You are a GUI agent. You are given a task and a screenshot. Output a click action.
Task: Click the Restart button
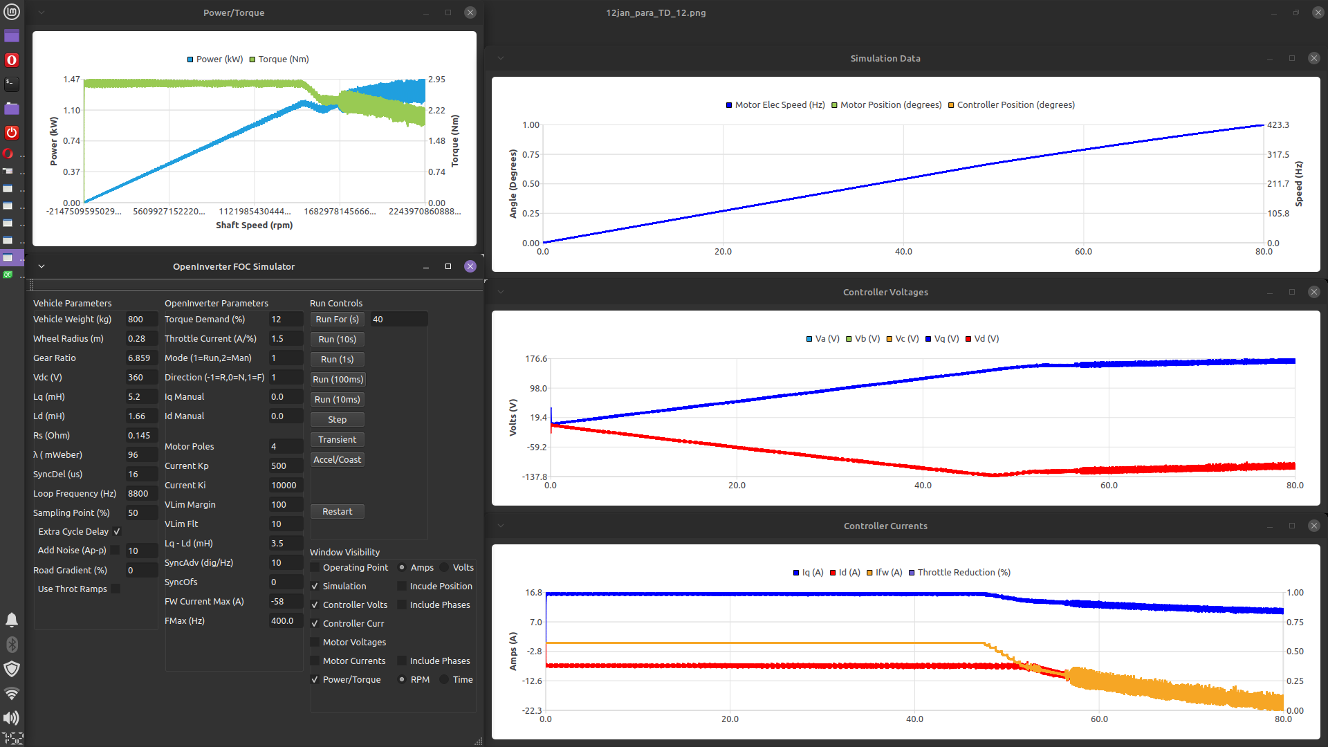click(337, 512)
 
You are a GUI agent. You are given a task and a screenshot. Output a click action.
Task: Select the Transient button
click(337, 440)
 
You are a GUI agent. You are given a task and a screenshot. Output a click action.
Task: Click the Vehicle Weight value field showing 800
click(140, 320)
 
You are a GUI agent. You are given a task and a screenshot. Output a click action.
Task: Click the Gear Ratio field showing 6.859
click(140, 358)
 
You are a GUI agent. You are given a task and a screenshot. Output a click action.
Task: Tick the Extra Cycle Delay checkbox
click(117, 532)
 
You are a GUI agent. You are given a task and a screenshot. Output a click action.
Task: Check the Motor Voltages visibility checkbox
click(315, 643)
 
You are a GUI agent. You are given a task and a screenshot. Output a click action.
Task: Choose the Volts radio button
click(445, 568)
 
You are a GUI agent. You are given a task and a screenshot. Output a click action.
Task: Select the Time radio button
click(445, 680)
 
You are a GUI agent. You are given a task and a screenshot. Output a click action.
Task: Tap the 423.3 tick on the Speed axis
click(1278, 125)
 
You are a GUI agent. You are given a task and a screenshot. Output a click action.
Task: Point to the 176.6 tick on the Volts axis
click(536, 359)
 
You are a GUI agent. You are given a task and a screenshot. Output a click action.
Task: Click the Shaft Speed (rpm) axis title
click(254, 225)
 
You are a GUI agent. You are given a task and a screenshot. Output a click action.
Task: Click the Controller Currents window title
click(885, 526)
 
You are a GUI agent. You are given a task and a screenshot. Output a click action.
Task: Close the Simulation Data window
click(1313, 59)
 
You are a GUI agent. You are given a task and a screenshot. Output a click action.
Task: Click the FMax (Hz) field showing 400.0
click(284, 621)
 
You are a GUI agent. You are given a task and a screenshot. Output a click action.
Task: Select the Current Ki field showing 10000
click(284, 486)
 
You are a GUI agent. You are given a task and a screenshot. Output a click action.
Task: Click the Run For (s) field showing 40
click(398, 320)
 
